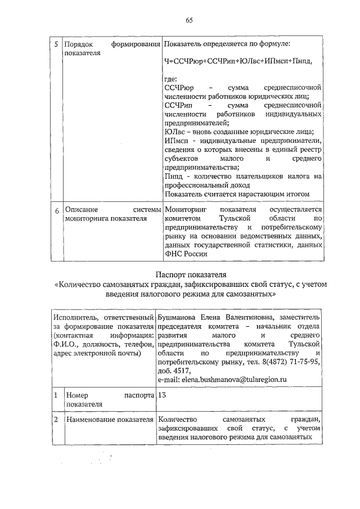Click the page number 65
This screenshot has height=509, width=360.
point(190,20)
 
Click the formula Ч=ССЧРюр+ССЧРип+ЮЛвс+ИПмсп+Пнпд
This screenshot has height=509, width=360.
point(237,60)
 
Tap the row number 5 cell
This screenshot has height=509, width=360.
point(56,44)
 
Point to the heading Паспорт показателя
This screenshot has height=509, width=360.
point(190,274)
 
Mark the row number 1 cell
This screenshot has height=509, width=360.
point(56,395)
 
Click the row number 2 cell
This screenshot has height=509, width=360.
point(56,420)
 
